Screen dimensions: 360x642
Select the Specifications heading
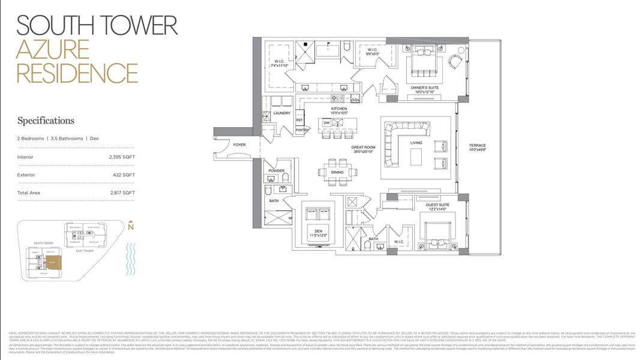coord(46,121)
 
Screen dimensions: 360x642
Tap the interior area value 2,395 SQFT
coord(122,157)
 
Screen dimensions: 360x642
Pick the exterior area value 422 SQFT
coord(124,175)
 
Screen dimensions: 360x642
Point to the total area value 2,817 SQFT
coord(122,193)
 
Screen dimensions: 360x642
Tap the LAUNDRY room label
coord(281,113)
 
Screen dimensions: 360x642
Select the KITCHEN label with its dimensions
coord(339,110)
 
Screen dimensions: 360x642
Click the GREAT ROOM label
coord(364,149)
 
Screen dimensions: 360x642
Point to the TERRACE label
coord(478,148)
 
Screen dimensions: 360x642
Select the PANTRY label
coord(301,130)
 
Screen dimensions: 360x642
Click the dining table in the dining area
coord(338,172)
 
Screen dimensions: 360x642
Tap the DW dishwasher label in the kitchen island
coord(327,122)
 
